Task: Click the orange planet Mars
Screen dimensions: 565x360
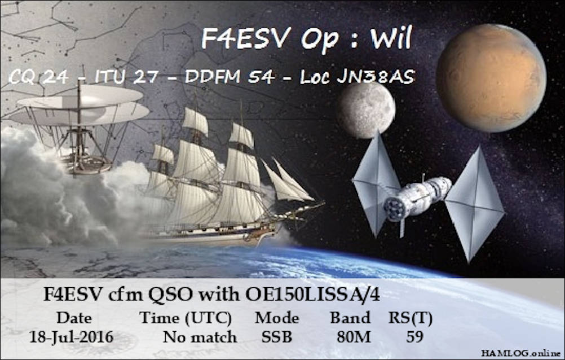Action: (x=491, y=78)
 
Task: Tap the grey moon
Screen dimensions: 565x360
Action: (x=366, y=110)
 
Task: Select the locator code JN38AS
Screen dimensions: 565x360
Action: (x=376, y=77)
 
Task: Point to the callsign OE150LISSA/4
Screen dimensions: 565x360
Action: (x=312, y=295)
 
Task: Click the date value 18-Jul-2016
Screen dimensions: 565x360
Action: (x=72, y=337)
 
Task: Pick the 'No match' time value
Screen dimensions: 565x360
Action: (x=200, y=337)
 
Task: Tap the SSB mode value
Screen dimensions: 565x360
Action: (x=277, y=337)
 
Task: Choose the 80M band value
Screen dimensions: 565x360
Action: (x=354, y=337)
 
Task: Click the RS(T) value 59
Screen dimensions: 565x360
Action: (x=414, y=336)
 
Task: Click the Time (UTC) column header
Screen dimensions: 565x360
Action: (x=186, y=318)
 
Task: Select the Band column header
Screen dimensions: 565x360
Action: (x=350, y=318)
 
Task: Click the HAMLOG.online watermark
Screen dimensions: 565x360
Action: (x=521, y=353)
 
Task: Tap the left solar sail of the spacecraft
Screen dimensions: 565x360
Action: (x=376, y=185)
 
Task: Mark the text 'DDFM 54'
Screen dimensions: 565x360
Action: (x=230, y=77)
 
